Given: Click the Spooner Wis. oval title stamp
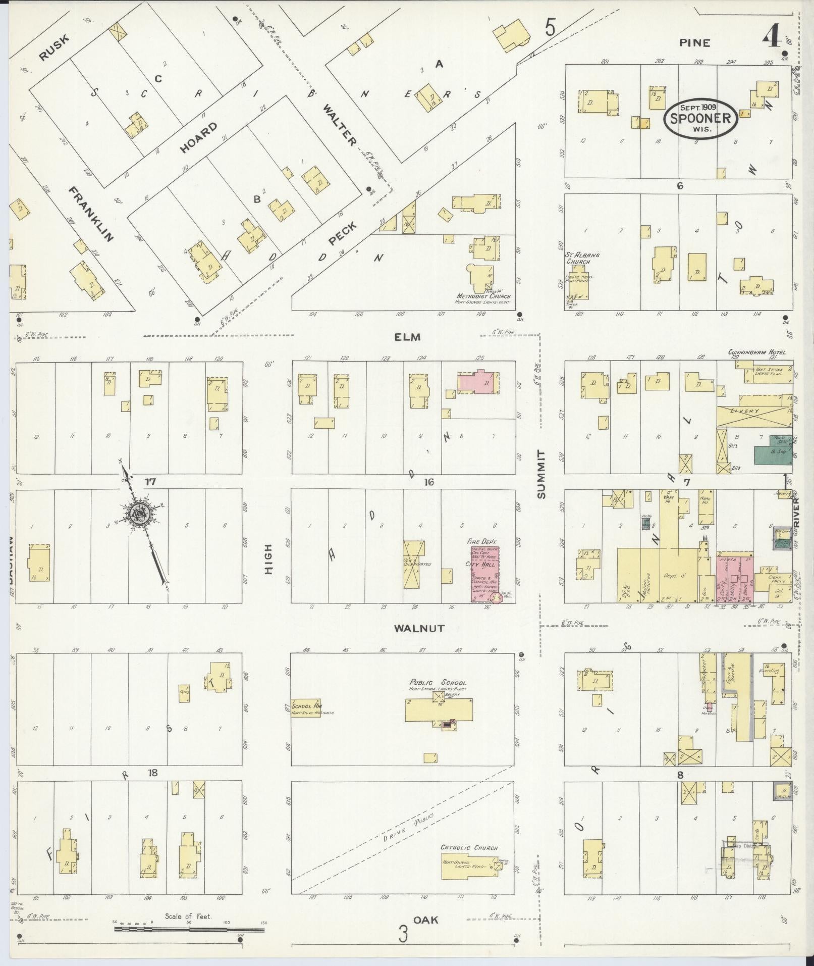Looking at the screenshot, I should tap(700, 118).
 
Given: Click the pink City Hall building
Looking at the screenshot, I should tap(484, 573).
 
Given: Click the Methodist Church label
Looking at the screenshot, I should tap(483, 296).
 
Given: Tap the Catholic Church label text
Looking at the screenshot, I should tap(469, 848).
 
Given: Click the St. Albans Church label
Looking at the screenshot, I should tap(582, 259).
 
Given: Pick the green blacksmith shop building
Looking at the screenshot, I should tap(772, 450).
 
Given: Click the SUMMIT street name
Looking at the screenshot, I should tap(541, 474).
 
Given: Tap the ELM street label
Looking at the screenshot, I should tap(408, 337).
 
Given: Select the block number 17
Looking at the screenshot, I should tap(150, 482).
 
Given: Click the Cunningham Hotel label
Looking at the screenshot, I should tap(756, 352).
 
